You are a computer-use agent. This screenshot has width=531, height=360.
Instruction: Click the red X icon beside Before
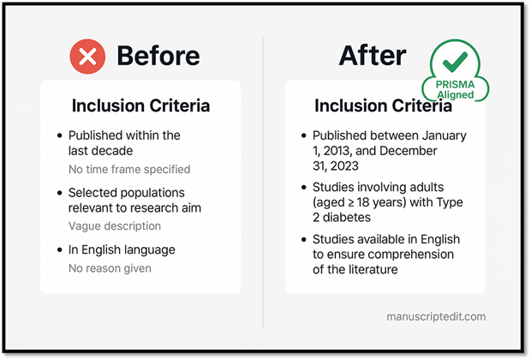click(x=87, y=57)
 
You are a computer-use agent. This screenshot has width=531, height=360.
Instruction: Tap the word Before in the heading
click(x=158, y=56)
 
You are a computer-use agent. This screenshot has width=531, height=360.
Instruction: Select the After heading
click(x=373, y=56)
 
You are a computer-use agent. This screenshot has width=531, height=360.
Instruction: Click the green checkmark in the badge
click(x=455, y=62)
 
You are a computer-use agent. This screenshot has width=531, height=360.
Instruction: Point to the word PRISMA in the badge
click(x=455, y=84)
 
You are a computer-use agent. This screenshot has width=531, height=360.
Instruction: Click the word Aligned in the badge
click(x=455, y=94)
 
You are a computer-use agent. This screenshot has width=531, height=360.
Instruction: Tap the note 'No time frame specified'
click(x=129, y=169)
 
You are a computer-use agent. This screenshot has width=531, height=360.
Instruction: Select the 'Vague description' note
click(x=115, y=226)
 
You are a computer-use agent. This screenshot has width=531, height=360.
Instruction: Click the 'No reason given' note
click(x=110, y=268)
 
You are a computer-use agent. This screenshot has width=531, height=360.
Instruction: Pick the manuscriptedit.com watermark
click(x=436, y=316)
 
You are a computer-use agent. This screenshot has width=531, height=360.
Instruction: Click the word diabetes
click(x=347, y=218)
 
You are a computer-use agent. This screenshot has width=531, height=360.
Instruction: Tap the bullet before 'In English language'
click(x=60, y=250)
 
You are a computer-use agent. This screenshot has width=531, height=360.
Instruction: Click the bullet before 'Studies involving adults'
click(x=304, y=188)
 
